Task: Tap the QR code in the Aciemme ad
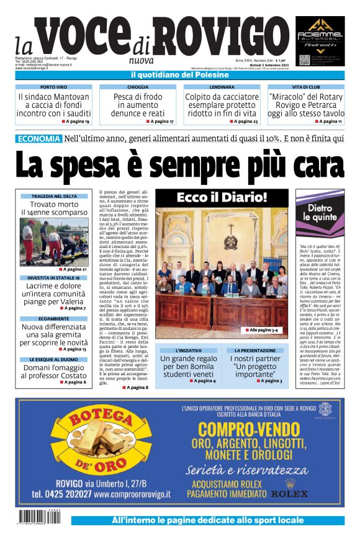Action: [304, 60]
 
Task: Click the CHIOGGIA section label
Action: [138, 87]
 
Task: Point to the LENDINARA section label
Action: [222, 87]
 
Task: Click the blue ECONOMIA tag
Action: [38, 139]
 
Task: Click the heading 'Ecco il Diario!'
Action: [222, 198]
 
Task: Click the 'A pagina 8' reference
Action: [135, 387]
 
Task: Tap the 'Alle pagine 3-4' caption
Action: [266, 331]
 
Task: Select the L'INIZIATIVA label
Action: [189, 350]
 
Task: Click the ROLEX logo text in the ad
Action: [289, 494]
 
